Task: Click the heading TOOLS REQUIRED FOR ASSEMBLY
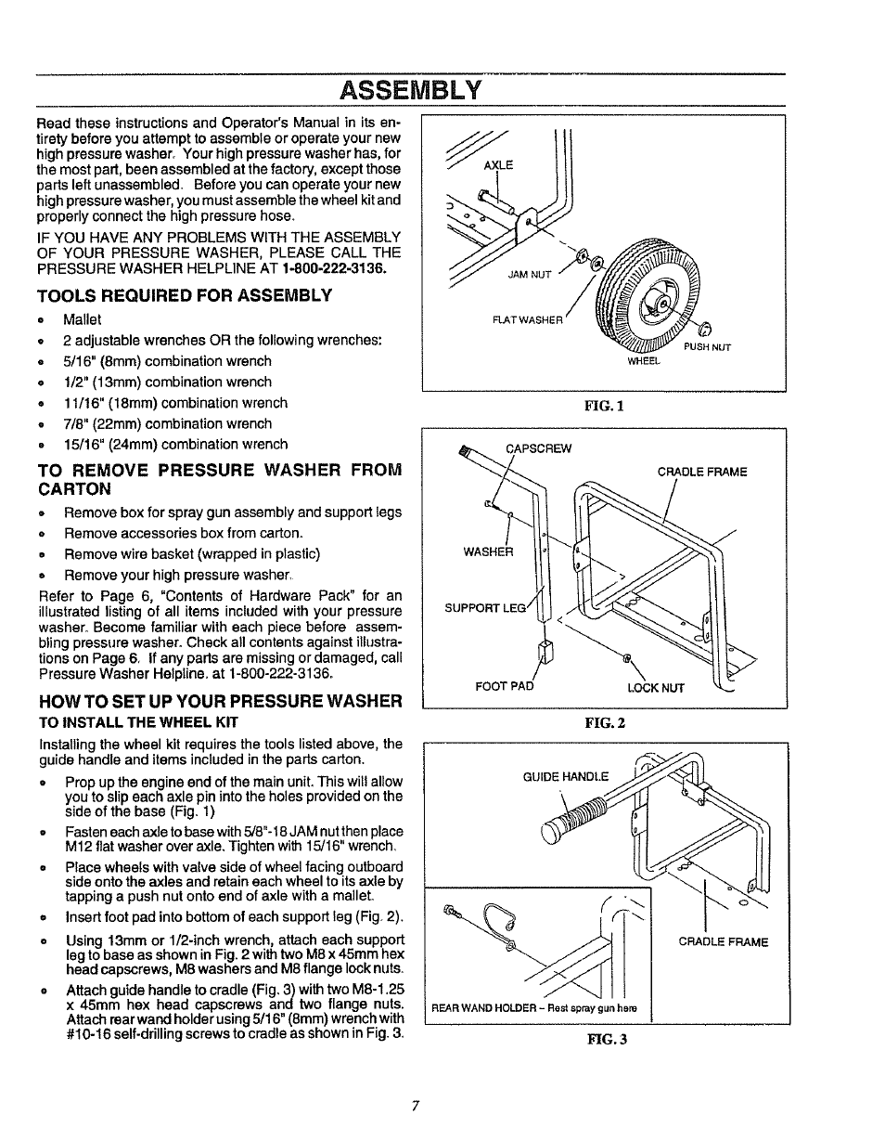pos(184,295)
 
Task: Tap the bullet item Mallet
pos(83,319)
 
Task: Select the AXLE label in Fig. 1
pos(498,165)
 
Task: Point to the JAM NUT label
pos(530,275)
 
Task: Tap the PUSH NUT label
pos(707,347)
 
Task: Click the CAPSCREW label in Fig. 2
pos(538,448)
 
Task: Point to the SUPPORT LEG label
pos(484,608)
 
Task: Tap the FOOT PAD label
pos(504,688)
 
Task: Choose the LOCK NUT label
pos(655,688)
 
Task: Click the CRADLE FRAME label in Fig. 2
pos(701,472)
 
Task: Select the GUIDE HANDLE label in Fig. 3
pos(566,776)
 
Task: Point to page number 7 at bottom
pos(417,1105)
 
